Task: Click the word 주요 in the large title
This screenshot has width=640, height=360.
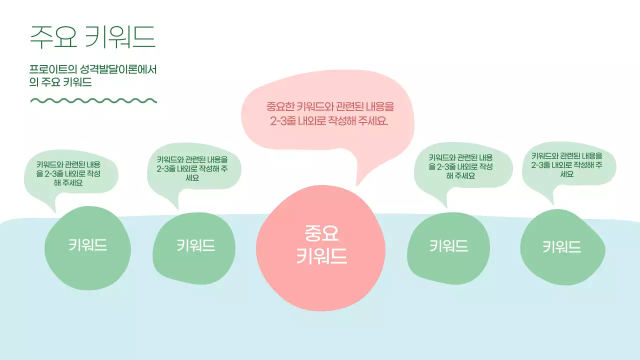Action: (53, 36)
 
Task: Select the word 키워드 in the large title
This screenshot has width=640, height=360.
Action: (120, 36)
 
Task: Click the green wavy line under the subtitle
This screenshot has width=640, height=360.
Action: (93, 100)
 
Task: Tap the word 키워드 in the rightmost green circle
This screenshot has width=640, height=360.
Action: (562, 247)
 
